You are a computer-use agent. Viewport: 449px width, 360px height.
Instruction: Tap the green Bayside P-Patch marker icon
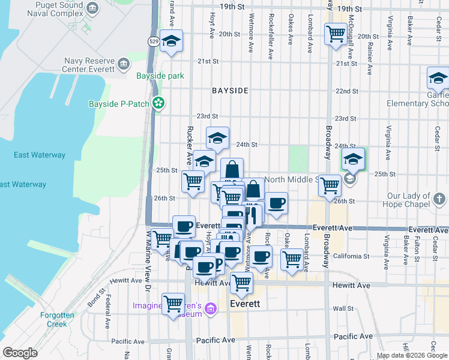[x=158, y=104]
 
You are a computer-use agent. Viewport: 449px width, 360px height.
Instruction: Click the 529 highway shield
[x=154, y=41]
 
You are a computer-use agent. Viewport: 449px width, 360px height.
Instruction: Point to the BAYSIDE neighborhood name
[x=230, y=91]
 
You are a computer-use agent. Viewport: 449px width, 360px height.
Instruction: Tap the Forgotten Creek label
[x=58, y=319]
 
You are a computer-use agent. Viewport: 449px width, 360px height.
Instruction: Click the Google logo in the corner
[x=20, y=353]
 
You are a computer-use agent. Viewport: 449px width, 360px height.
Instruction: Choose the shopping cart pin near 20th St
[x=336, y=33]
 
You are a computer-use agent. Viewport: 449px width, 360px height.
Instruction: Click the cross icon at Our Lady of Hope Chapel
[x=439, y=199]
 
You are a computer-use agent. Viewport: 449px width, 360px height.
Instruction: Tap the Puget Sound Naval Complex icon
[x=92, y=8]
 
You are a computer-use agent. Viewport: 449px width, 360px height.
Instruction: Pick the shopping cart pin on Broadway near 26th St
[x=330, y=185]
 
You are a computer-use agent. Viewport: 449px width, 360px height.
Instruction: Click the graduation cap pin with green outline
[x=354, y=159]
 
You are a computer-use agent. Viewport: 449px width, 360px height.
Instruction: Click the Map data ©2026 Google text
[x=412, y=355]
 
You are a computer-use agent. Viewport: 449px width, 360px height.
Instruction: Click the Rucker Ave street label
[x=189, y=150]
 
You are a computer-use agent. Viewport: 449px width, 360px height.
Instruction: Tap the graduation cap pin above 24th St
[x=217, y=137]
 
